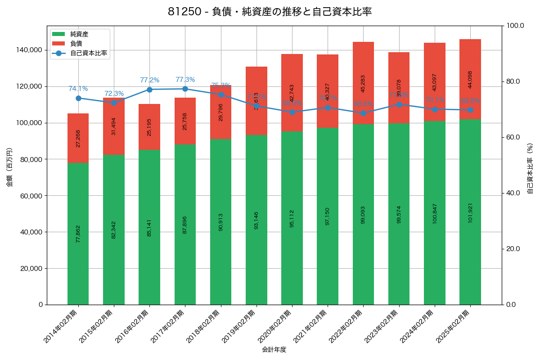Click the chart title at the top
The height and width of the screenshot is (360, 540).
pos(270,12)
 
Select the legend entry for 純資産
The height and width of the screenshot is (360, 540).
pos(79,34)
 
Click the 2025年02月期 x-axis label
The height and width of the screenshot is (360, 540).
pos(455,326)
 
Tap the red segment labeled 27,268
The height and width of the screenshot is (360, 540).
pos(78,138)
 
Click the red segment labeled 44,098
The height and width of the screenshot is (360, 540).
pos(470,79)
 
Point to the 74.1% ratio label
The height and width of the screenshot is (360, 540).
pos(78,89)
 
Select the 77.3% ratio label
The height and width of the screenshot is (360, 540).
pos(185,80)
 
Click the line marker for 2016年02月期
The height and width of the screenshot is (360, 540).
pos(149,90)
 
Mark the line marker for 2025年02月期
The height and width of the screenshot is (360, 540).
pos(470,110)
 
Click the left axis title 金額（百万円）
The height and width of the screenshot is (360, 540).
pos(9,167)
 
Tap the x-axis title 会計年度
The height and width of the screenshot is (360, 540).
pos(274,349)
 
